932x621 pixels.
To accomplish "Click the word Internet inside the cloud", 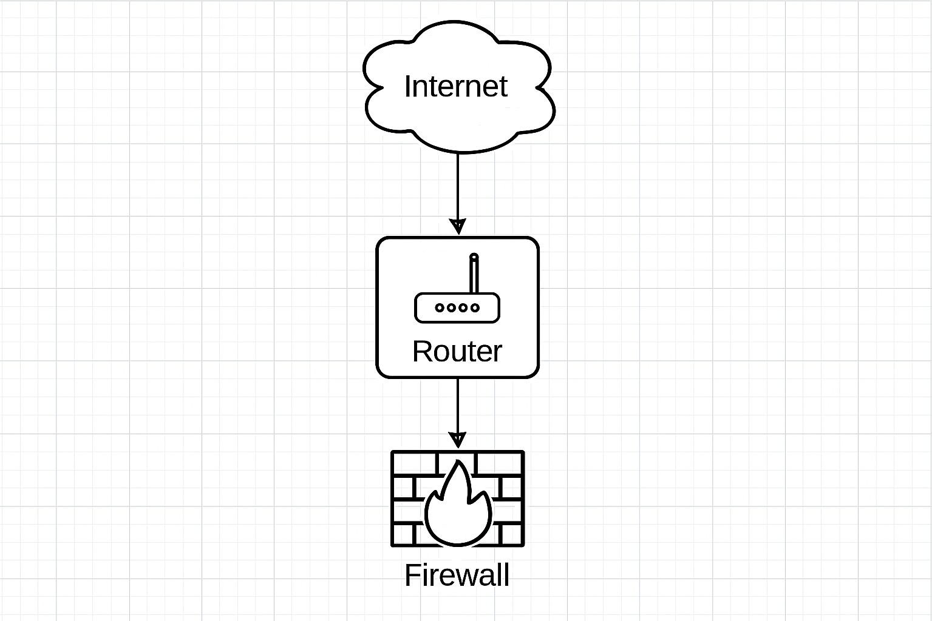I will pyautogui.click(x=455, y=86).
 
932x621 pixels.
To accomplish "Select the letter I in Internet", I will pyautogui.click(x=407, y=86).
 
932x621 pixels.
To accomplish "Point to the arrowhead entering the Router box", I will pyautogui.click(x=458, y=226).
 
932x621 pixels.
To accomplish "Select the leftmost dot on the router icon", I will pyautogui.click(x=439, y=307).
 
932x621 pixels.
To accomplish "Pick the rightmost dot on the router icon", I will pyautogui.click(x=475, y=307).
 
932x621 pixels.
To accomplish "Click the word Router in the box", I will pyautogui.click(x=457, y=351).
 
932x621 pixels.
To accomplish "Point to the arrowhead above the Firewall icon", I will pyautogui.click(x=458, y=440).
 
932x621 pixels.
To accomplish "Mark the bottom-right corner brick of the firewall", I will pyautogui.click(x=511, y=534).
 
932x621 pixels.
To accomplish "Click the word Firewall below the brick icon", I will pyautogui.click(x=457, y=575).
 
